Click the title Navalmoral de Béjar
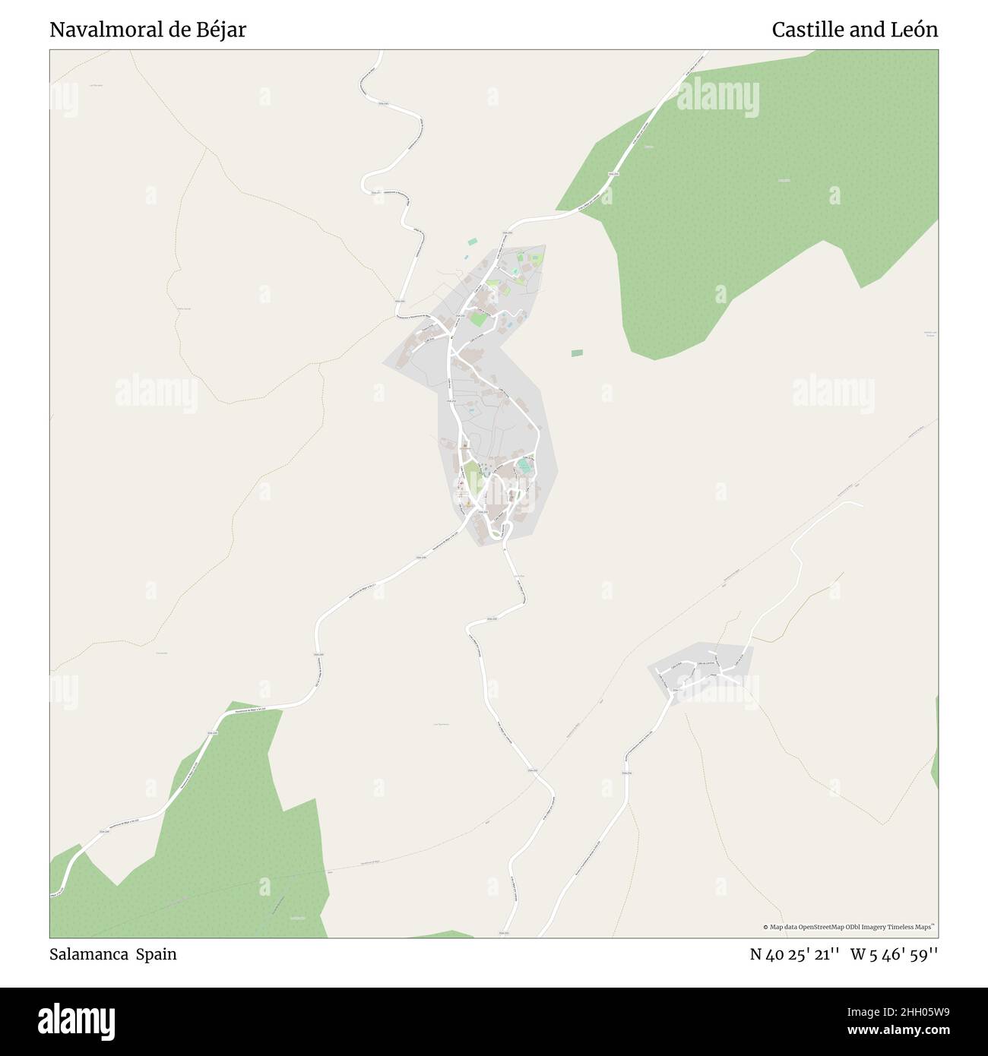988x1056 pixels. pyautogui.click(x=147, y=30)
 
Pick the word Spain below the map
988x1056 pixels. pyautogui.click(x=157, y=954)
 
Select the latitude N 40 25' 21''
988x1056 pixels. pyautogui.click(x=794, y=954)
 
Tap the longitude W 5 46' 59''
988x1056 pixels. pyautogui.click(x=894, y=954)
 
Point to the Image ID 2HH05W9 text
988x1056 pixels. pyautogui.click(x=882, y=1009)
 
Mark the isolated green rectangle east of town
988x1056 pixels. pyautogui.click(x=577, y=353)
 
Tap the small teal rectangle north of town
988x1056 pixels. pyautogui.click(x=473, y=242)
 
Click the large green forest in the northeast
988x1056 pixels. pyautogui.click(x=760, y=190)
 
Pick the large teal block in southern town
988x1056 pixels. pyautogui.click(x=524, y=464)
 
